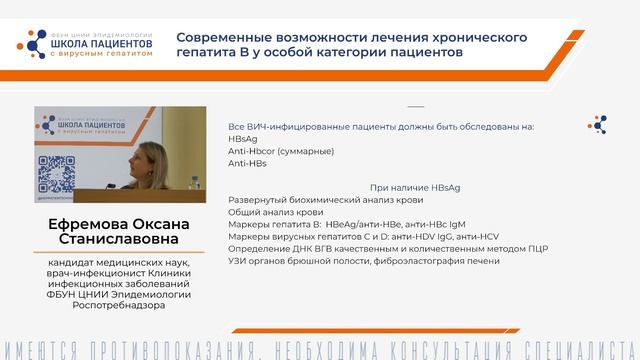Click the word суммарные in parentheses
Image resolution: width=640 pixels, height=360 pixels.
(306, 151)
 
